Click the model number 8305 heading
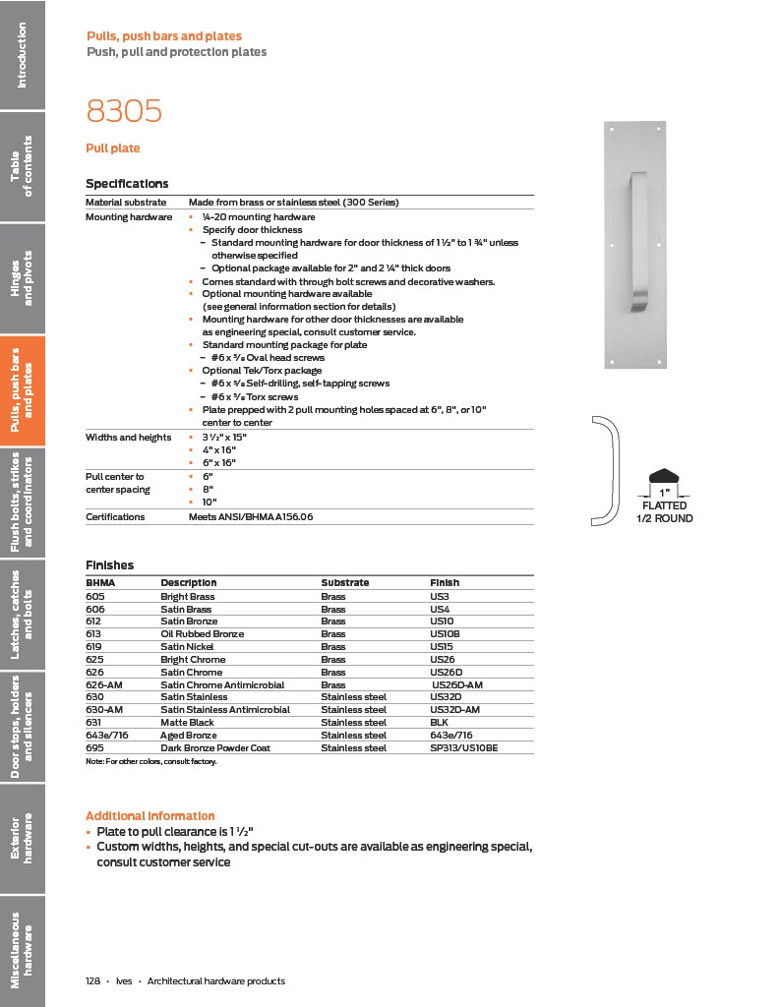[x=124, y=111]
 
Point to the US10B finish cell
[x=446, y=634]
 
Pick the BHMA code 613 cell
[x=96, y=634]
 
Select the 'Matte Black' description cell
[x=188, y=722]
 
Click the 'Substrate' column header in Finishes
[x=345, y=583]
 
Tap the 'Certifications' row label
[x=115, y=516]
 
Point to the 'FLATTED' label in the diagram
[x=665, y=506]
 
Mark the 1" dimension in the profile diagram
[x=665, y=492]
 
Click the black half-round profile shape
[x=665, y=475]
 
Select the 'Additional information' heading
[x=150, y=816]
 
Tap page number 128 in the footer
[x=93, y=981]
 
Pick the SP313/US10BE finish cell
[x=464, y=747]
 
